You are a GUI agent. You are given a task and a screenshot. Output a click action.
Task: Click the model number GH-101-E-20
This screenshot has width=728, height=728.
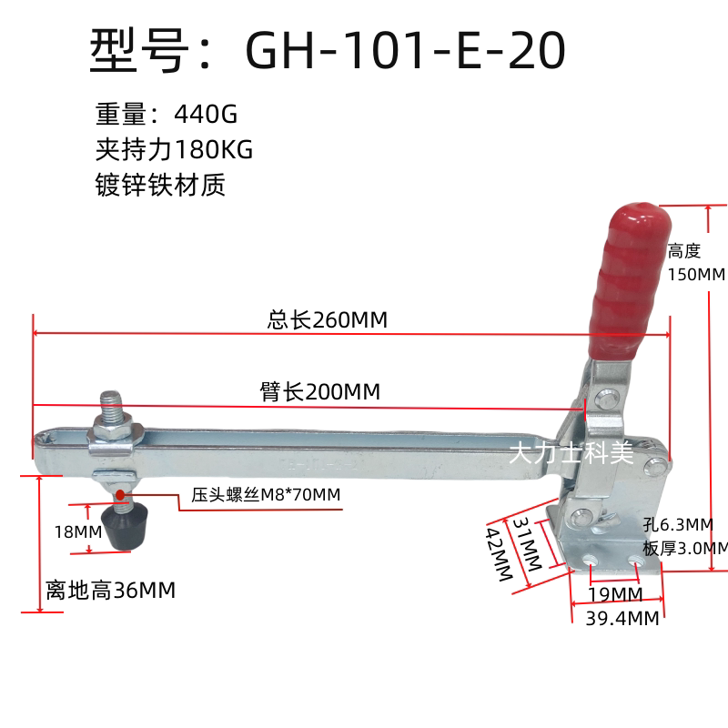405,50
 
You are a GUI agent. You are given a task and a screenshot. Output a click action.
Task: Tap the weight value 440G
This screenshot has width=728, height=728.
206,114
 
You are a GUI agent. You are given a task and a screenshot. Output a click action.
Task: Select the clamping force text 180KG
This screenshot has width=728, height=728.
214,149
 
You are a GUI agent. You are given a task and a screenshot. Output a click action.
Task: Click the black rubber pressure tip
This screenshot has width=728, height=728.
125,528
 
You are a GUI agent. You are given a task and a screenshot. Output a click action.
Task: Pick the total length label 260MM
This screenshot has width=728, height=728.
349,320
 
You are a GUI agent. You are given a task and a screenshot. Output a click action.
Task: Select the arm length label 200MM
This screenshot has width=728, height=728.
343,391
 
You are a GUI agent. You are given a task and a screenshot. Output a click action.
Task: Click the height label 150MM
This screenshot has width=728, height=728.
696,275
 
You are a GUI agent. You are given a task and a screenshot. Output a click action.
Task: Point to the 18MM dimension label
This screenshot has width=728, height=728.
78,532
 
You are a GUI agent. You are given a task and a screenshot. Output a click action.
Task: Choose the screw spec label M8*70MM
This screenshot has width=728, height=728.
300,495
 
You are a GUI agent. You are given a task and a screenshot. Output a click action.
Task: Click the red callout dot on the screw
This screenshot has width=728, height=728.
120,495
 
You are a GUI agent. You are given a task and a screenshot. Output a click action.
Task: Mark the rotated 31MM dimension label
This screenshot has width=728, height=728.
528,543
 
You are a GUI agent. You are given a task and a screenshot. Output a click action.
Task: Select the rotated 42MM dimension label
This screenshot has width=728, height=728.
499,553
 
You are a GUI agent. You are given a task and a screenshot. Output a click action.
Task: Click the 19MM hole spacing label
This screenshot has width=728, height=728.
615,594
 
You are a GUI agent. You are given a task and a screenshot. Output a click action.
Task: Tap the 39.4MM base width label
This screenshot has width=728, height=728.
622,619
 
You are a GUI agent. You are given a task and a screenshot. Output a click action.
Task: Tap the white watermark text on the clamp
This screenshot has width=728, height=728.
571,452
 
